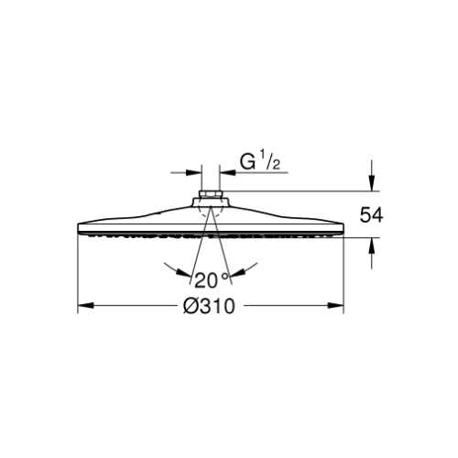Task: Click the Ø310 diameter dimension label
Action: click(209, 306)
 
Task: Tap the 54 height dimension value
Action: click(371, 215)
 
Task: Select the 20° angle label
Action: click(212, 280)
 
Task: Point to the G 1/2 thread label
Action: click(259, 162)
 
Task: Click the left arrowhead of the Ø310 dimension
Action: click(86, 305)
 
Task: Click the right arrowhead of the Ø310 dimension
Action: click(336, 305)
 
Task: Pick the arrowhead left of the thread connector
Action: click(194, 172)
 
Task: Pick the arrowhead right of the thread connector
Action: click(228, 172)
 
